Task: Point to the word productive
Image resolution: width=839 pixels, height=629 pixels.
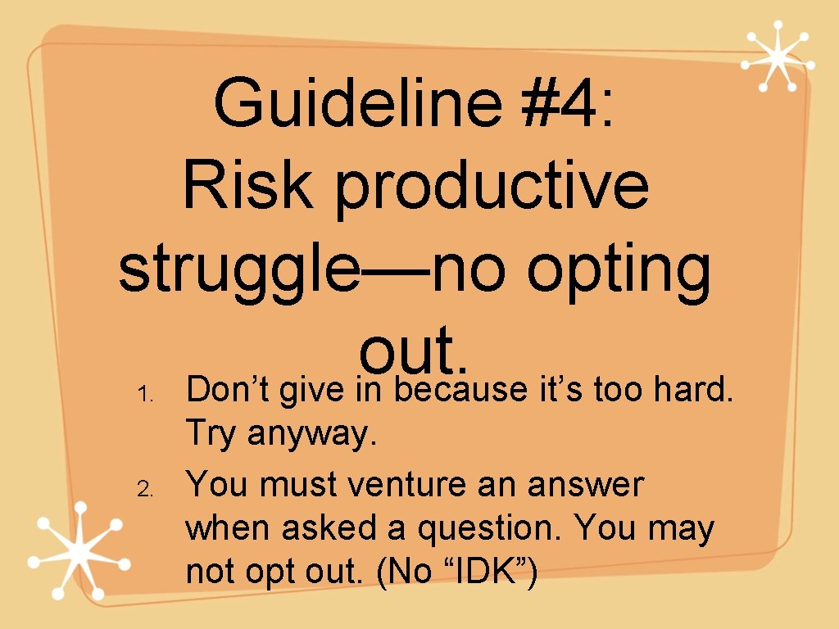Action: (492, 187)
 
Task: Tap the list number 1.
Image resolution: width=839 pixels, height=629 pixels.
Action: (143, 395)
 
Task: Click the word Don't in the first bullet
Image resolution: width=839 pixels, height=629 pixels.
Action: (229, 391)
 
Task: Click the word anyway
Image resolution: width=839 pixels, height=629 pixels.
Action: (312, 435)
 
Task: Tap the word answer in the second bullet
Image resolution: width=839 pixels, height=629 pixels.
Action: (585, 485)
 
